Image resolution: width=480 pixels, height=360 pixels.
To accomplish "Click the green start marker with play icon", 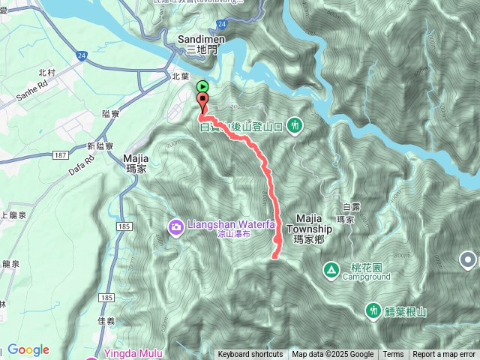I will [202, 87].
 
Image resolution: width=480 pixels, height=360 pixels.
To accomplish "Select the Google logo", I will [28, 349].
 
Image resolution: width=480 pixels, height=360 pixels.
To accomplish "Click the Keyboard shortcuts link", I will [250, 355].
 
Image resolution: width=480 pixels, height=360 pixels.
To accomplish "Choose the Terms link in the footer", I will [393, 355].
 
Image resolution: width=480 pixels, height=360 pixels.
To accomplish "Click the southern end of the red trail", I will [274, 256].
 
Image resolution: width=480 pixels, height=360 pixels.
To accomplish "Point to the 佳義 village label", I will [106, 319].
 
